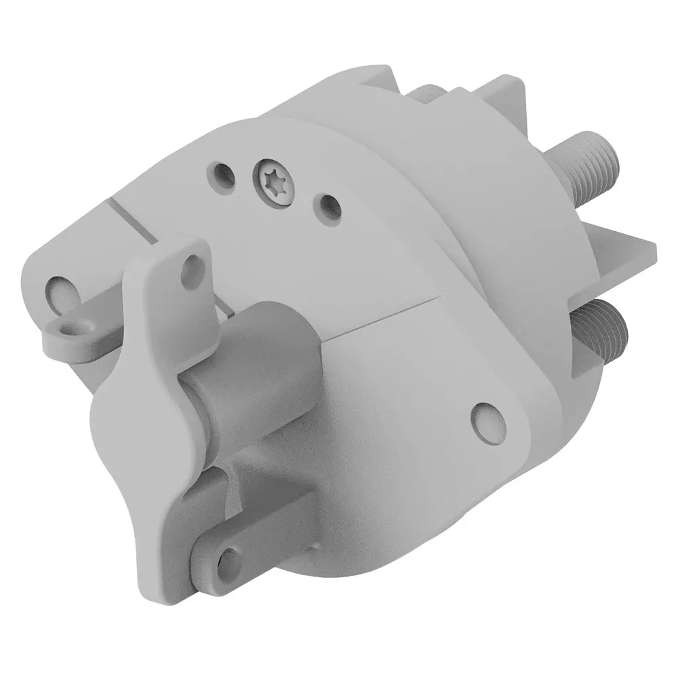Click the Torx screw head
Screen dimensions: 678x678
pos(275,183)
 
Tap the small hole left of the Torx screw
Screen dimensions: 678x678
pos(222,174)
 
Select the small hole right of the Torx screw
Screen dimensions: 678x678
pos(330,206)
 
